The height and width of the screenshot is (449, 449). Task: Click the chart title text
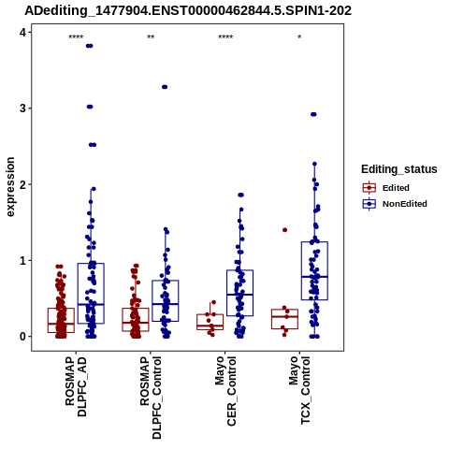188,11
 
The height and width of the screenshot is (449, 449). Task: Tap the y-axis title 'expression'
10,187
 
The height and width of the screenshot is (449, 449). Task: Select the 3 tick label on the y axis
23,109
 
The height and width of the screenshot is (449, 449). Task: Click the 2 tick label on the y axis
23,184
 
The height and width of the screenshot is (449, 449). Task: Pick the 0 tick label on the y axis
23,337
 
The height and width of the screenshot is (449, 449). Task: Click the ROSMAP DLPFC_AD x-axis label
76,386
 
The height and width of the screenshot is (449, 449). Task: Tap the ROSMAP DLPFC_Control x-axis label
151,398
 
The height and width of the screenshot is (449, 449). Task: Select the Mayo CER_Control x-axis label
225,391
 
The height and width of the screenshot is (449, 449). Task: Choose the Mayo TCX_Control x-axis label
300,390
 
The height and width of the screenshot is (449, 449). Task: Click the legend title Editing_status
399,169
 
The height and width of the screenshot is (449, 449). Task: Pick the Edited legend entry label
396,188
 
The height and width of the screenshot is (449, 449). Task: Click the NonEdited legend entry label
405,204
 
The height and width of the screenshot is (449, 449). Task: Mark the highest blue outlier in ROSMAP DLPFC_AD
90,46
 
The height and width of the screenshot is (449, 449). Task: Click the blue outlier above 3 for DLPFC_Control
165,87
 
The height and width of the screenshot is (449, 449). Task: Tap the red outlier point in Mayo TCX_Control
284,230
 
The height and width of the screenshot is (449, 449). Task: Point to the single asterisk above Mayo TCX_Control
299,37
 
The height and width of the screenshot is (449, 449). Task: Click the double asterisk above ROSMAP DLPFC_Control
151,37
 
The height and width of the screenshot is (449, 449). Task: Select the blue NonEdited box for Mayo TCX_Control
314,271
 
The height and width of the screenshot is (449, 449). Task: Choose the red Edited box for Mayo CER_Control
210,322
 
